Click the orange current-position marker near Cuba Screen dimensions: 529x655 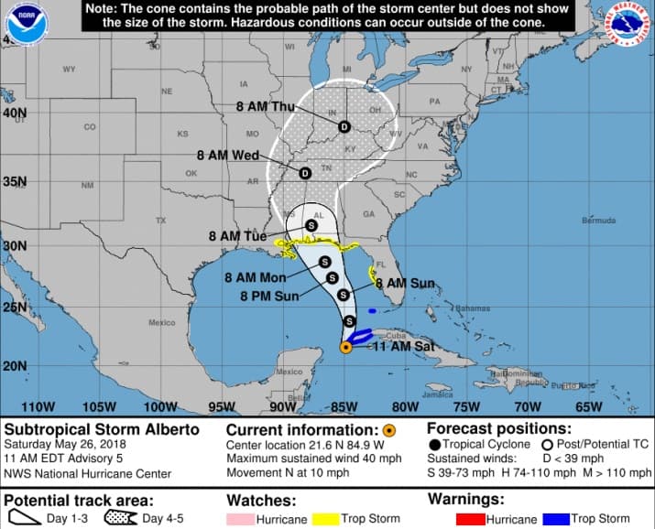pyautogui.click(x=346, y=347)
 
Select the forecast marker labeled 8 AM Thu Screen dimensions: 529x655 pyautogui.click(x=344, y=126)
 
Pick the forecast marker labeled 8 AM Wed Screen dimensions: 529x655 pyautogui.click(x=305, y=171)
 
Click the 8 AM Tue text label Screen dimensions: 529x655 pyautogui.click(x=237, y=236)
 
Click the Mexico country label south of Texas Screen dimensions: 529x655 pyautogui.click(x=161, y=322)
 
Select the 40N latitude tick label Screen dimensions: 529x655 pyautogui.click(x=14, y=113)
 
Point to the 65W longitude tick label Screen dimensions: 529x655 pyautogui.click(x=588, y=407)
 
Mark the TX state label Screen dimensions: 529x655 pyautogui.click(x=161, y=221)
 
